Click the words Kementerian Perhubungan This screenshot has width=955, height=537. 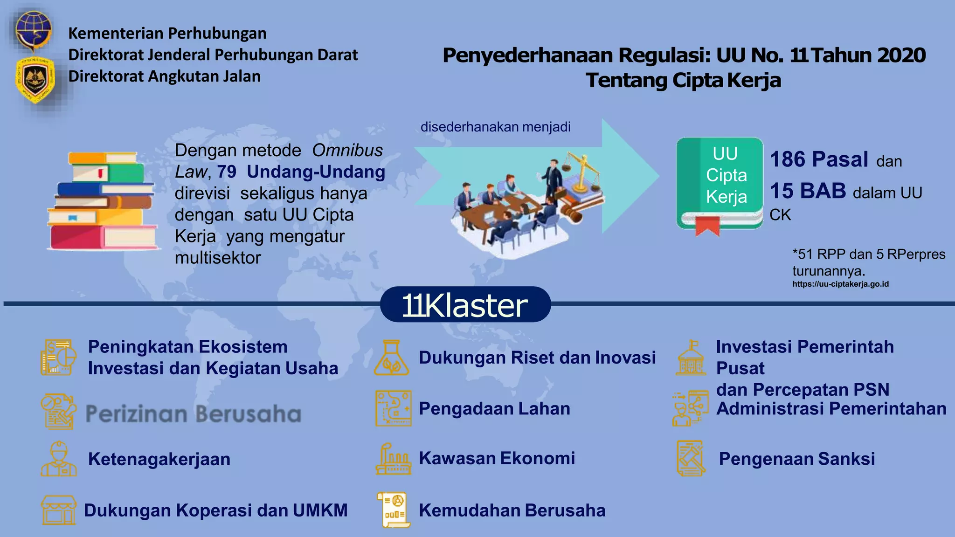pos(167,34)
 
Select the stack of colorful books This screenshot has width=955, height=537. pos(103,200)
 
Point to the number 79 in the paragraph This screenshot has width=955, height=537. pos(226,172)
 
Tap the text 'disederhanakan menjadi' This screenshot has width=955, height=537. pos(495,127)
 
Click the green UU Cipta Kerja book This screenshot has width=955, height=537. pos(720,183)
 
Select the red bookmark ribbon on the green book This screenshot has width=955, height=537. pos(707,226)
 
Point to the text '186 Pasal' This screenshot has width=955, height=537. pos(819,159)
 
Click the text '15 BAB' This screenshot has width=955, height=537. pos(808,191)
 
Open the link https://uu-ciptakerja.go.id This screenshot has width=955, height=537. pos(840,284)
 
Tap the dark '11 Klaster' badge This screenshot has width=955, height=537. pos(465,305)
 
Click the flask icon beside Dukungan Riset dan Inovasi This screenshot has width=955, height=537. pos(392,358)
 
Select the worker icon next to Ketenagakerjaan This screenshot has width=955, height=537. pos(59,459)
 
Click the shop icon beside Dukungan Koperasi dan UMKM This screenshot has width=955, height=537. pos(59,510)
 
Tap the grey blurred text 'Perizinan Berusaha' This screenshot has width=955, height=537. pos(194,414)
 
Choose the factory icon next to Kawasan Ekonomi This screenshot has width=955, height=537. pos(393,459)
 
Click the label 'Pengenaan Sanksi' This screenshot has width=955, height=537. pos(797,459)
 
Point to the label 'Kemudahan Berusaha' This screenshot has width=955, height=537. pos(512,510)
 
